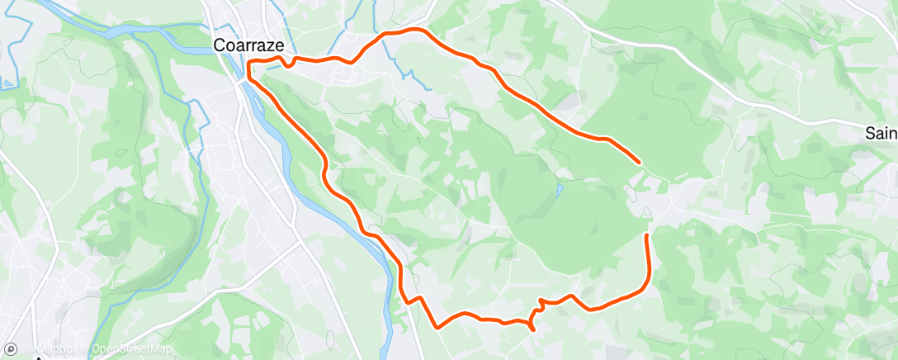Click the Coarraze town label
[249, 46]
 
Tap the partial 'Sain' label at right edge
[881, 133]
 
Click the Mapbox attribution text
[59, 348]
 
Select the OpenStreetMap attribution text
[132, 348]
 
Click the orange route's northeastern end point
[639, 162]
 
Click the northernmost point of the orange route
[404, 31]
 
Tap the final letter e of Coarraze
[281, 46]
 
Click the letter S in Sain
[870, 133]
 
